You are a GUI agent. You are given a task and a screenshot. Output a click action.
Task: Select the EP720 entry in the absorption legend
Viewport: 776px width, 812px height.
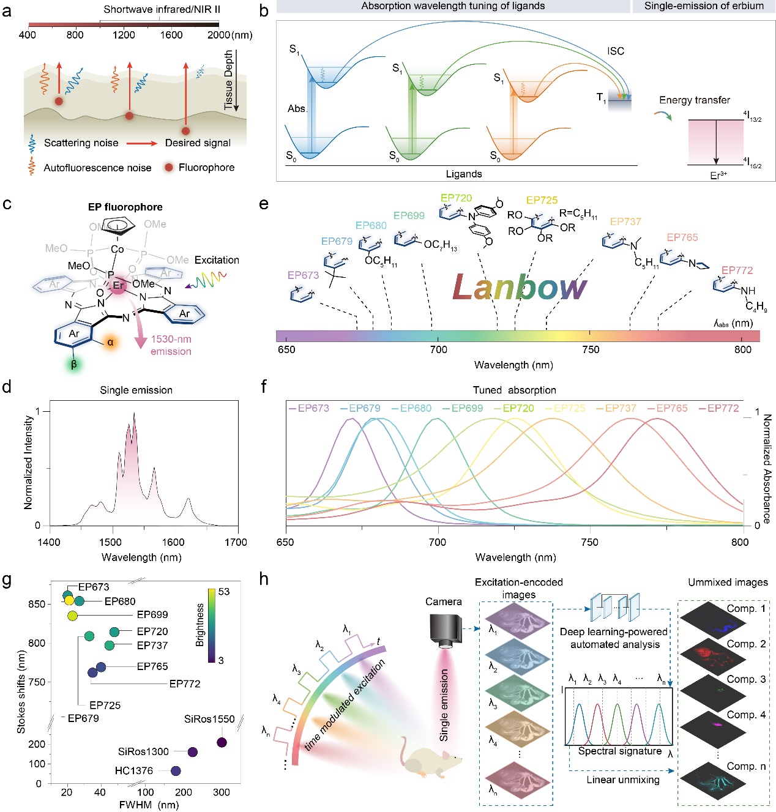point(518,408)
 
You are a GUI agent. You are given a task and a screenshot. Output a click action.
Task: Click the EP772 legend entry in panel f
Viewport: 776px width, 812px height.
point(723,408)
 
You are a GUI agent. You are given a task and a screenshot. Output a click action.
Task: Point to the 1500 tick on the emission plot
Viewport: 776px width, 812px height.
point(111,542)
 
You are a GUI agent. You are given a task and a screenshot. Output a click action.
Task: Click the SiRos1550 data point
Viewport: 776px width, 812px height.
point(222,742)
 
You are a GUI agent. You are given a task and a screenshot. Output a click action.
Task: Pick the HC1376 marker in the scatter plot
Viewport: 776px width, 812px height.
point(176,770)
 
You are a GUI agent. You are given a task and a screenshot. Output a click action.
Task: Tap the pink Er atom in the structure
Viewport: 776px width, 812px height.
point(118,285)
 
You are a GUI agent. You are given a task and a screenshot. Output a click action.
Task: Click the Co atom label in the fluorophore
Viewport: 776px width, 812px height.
point(118,249)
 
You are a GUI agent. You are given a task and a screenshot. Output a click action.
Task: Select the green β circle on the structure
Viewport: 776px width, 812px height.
point(74,365)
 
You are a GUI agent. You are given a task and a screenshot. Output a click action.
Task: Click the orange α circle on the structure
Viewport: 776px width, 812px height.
point(110,343)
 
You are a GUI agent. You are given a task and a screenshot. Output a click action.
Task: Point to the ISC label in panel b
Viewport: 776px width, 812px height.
point(616,51)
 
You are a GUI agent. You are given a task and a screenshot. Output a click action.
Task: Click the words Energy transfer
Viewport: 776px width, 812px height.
point(694,100)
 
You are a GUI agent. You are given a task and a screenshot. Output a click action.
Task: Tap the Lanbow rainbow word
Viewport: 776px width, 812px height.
point(519,287)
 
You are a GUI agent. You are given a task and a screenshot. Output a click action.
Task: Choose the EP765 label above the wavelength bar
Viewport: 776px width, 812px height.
point(682,237)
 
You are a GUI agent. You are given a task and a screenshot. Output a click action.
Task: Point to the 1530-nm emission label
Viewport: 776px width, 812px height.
point(171,345)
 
